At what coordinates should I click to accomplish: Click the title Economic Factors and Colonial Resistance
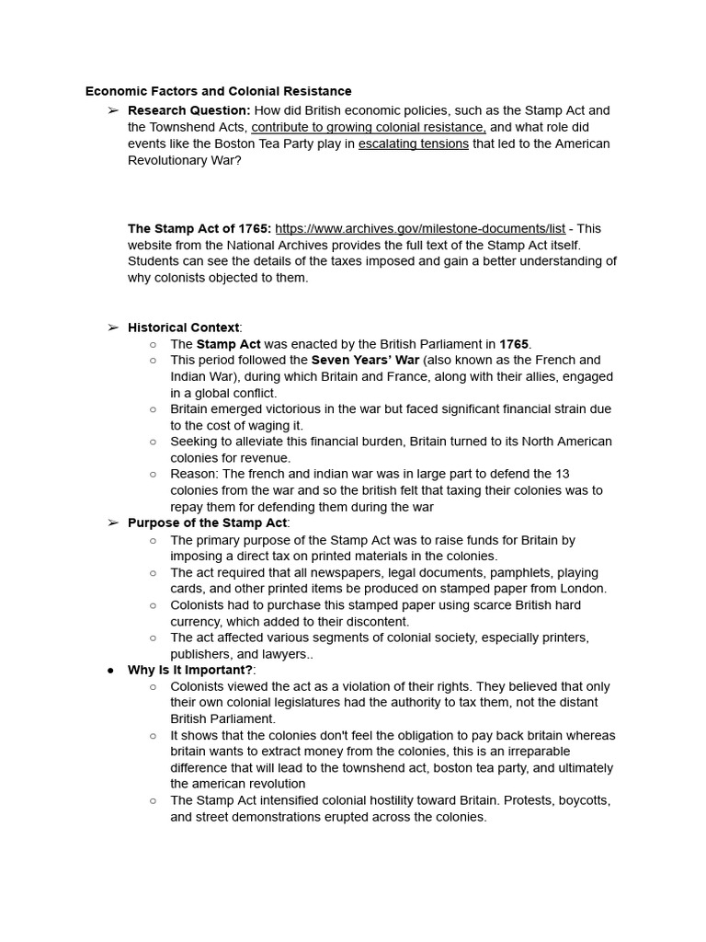(x=218, y=91)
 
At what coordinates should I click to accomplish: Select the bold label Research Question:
(x=188, y=110)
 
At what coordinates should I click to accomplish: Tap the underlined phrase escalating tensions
(x=413, y=144)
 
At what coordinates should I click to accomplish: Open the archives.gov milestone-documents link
(x=420, y=228)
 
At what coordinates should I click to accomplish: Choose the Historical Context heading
(x=183, y=327)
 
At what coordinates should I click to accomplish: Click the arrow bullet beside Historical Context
(x=112, y=327)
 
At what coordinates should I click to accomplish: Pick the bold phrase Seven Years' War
(x=366, y=360)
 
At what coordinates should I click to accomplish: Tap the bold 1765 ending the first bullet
(x=515, y=344)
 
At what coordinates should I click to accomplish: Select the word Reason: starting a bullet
(x=193, y=474)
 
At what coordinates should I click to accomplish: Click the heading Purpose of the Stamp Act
(x=208, y=523)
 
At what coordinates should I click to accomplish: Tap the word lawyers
(x=286, y=654)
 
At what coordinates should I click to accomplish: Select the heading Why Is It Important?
(x=189, y=670)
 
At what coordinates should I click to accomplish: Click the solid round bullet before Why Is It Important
(x=111, y=670)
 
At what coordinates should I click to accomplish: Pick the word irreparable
(x=527, y=752)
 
